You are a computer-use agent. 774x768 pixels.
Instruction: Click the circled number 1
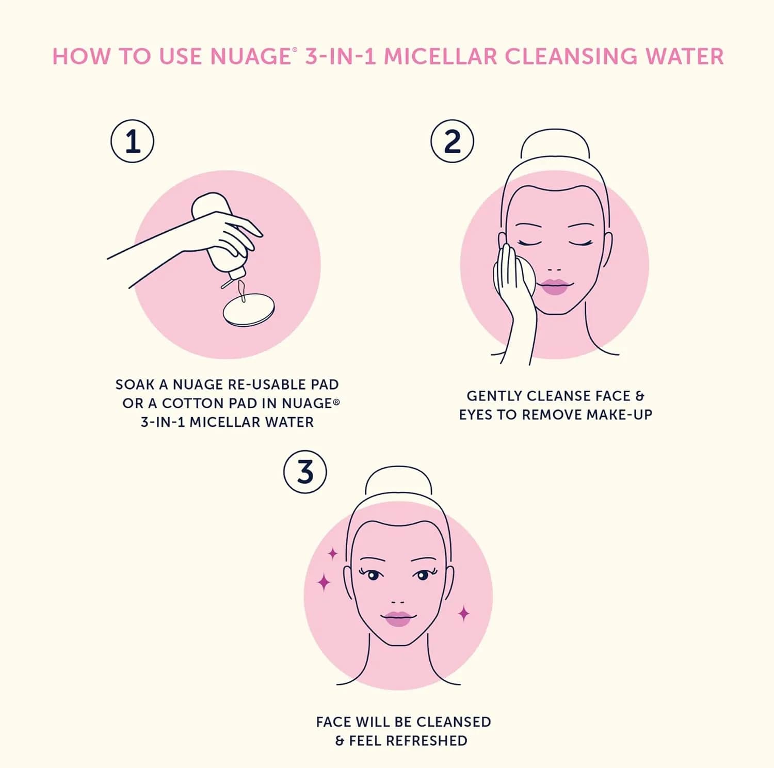point(133,141)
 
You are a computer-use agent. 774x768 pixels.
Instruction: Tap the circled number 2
point(453,141)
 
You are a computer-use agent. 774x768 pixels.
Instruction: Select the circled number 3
point(305,472)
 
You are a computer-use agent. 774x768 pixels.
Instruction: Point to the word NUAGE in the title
point(250,57)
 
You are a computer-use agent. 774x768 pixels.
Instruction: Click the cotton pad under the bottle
point(249,310)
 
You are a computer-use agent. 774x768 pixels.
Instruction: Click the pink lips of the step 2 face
point(555,287)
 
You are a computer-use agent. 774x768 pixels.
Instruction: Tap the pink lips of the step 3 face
point(398,618)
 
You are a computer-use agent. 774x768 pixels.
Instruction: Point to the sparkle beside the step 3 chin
point(464,613)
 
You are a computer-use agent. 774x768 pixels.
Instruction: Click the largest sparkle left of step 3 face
point(324,582)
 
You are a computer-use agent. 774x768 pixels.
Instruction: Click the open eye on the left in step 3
point(373,574)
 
